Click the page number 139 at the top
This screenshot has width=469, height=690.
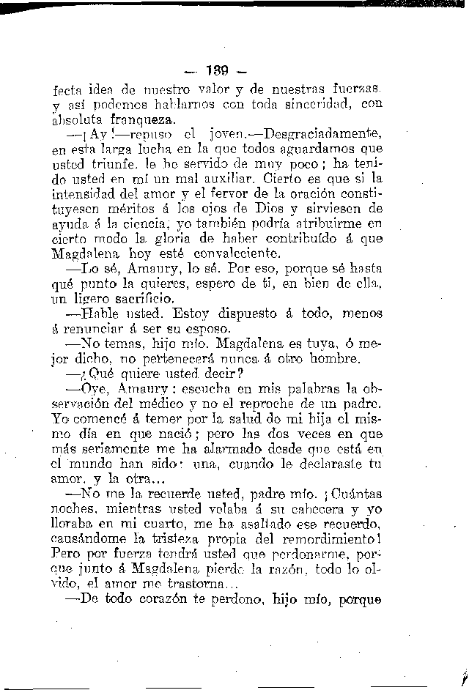pos(218,71)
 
